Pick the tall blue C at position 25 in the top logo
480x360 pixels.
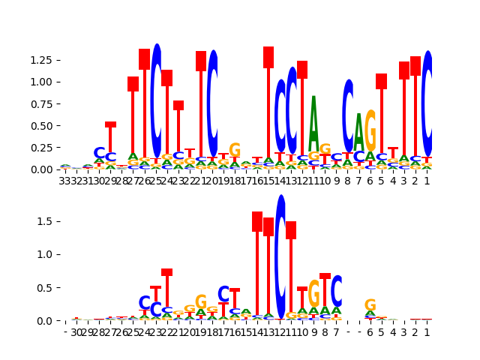(156, 100)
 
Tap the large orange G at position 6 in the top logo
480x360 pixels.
(370, 130)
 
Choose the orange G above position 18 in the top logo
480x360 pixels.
(235, 150)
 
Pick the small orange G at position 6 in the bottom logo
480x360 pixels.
(370, 305)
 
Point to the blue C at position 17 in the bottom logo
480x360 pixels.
(223, 295)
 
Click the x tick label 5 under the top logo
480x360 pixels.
(381, 181)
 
